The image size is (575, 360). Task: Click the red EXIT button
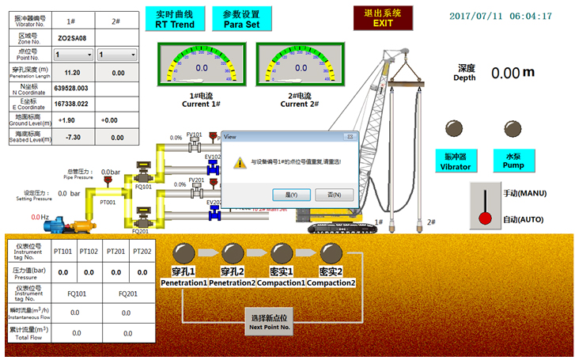click(x=383, y=18)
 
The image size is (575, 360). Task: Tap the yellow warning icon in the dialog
click(x=240, y=162)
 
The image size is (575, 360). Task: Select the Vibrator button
click(x=455, y=161)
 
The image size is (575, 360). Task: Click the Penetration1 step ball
click(x=183, y=253)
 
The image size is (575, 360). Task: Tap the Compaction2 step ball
click(x=331, y=253)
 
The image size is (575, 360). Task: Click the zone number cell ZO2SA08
click(x=73, y=37)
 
